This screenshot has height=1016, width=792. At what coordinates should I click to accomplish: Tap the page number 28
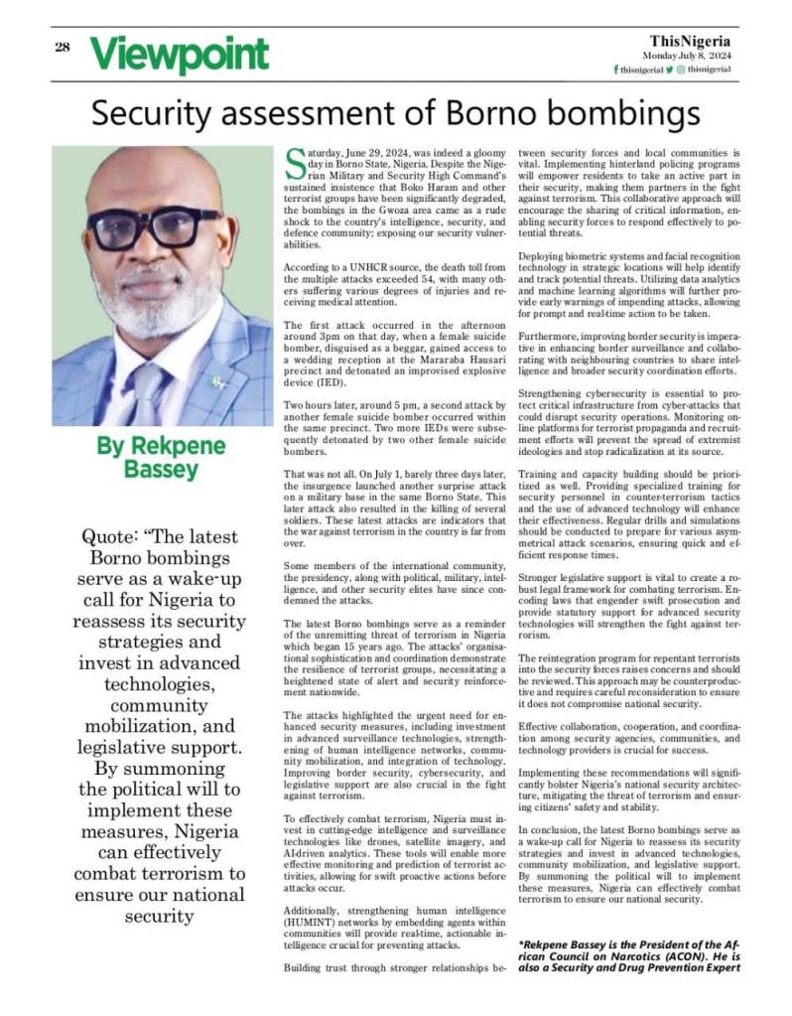tap(62, 47)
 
